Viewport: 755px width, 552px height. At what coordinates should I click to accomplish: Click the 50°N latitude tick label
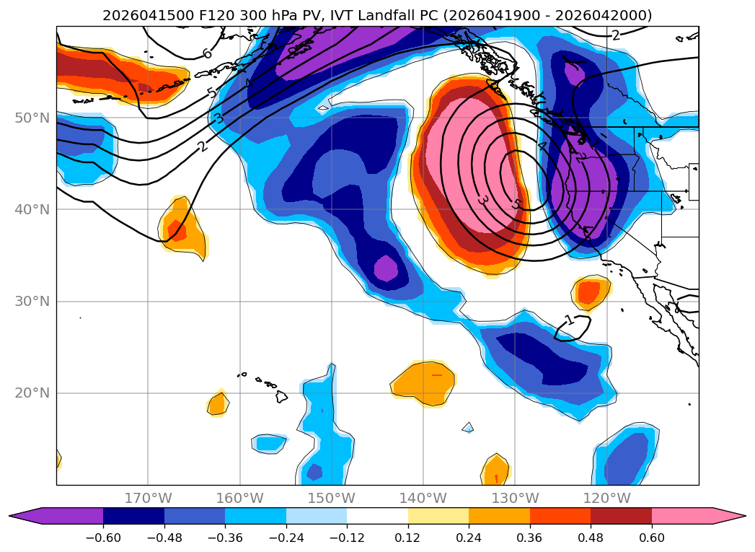(32, 118)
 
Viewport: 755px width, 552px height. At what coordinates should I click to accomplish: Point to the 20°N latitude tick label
(32, 393)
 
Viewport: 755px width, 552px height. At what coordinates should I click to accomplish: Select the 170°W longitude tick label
(149, 498)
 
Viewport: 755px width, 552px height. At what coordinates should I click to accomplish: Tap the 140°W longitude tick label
(423, 498)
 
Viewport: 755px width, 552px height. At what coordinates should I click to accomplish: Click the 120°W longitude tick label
(606, 498)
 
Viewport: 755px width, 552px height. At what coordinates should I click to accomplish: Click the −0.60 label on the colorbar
(103, 538)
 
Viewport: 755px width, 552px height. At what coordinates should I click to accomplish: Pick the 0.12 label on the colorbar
(408, 538)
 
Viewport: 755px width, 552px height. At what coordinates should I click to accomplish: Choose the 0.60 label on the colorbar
(651, 538)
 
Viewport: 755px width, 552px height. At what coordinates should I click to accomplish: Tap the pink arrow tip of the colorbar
(744, 516)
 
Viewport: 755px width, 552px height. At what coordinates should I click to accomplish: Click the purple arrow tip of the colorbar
(11, 516)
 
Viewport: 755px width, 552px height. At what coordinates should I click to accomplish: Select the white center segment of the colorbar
(378, 516)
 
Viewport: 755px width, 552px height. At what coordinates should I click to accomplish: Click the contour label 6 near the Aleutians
(207, 53)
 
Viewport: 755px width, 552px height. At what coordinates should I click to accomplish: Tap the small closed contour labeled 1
(573, 328)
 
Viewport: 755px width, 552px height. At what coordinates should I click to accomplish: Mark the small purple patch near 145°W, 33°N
(386, 268)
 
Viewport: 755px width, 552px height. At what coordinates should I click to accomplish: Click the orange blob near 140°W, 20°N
(423, 383)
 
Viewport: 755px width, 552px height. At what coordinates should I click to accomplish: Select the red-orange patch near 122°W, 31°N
(588, 292)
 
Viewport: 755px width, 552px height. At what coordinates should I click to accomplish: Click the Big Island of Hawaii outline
(281, 396)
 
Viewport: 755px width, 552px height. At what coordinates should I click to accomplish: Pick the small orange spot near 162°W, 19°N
(218, 403)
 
